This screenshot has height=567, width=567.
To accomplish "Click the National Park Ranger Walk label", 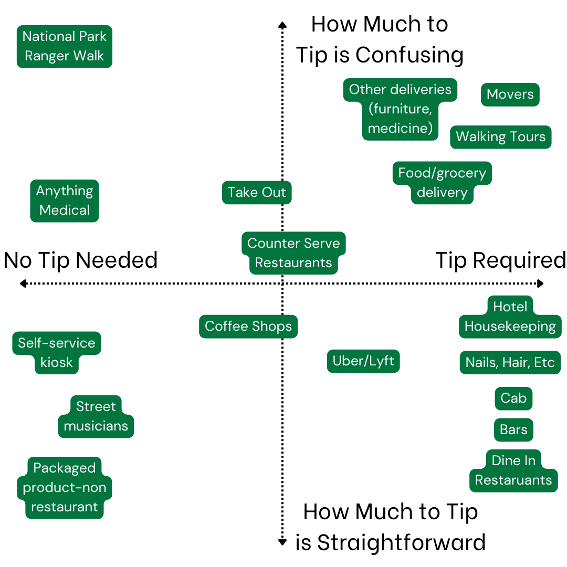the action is (x=65, y=46).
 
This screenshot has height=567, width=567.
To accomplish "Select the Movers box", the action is (x=510, y=94).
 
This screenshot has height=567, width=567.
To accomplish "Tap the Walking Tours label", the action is (x=501, y=137).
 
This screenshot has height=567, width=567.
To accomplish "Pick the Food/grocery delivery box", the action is (x=442, y=183).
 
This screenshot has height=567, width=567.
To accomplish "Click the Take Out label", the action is (x=257, y=192).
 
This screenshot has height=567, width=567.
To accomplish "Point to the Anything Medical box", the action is (x=65, y=201).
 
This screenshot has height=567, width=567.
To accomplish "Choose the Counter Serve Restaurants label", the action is (x=293, y=253).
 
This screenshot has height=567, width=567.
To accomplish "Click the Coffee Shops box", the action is (x=248, y=326).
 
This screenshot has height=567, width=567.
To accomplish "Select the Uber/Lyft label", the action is (x=363, y=361).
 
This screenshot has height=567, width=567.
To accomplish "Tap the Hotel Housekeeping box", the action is (x=510, y=317).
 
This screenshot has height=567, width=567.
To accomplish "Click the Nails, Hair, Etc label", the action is (x=510, y=363).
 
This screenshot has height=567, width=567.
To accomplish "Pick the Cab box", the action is (x=513, y=398).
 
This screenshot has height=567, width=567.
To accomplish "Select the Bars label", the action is (x=513, y=429).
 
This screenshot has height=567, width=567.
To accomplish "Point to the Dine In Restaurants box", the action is (x=513, y=470).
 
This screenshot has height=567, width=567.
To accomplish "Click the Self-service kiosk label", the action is (x=57, y=353).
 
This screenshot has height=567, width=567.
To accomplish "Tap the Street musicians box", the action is (x=96, y=416).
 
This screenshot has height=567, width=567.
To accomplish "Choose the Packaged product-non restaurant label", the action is (x=65, y=487).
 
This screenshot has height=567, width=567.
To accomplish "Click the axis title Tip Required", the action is (x=501, y=260).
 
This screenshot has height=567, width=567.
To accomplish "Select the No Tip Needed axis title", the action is (x=81, y=260).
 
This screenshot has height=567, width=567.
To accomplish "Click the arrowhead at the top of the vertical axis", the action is (x=282, y=24).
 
